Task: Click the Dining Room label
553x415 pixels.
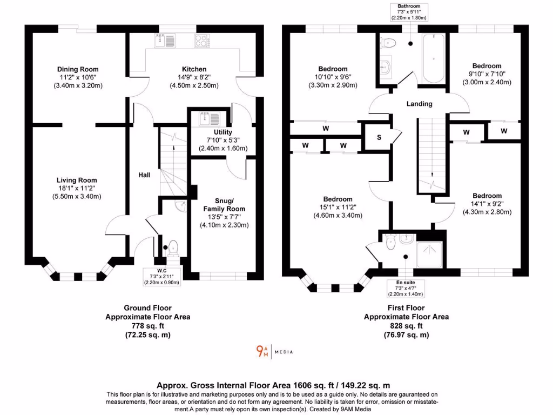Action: [x=78, y=69]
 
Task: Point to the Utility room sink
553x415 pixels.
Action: [x=207, y=118]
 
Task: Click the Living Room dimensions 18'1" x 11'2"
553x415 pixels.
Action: [x=78, y=189]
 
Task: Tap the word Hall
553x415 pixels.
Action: [x=144, y=175]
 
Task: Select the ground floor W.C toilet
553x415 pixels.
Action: [x=173, y=248]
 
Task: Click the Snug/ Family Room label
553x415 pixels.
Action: [x=224, y=205]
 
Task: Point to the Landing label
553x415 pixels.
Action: [x=419, y=104]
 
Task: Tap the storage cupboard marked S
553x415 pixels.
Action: [x=379, y=137]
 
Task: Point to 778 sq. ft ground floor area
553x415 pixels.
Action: [x=147, y=326]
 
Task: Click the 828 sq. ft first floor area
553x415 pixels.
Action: [x=406, y=326]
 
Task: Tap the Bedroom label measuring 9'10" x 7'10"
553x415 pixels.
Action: [x=487, y=66]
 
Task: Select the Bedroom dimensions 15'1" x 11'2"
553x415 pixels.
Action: [x=338, y=207]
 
